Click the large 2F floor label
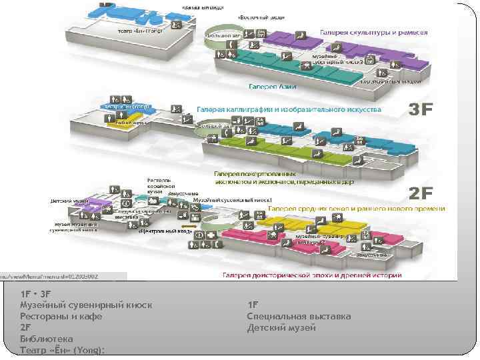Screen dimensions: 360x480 [421, 193]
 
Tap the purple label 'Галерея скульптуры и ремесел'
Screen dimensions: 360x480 [374, 32]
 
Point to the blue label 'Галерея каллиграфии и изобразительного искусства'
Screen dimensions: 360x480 [289, 109]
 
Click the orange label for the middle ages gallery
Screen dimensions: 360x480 [356, 209]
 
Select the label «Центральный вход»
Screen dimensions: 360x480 [166, 232]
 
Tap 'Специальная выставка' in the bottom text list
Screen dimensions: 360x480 [299, 316]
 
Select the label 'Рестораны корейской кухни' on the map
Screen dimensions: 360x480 [159, 184]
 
